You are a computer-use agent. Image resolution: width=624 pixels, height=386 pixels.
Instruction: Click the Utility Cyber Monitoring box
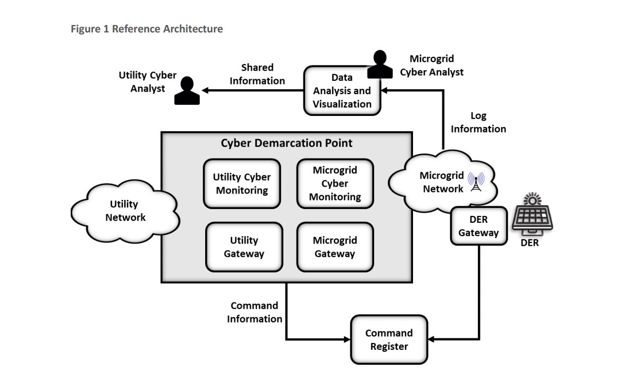[242, 183]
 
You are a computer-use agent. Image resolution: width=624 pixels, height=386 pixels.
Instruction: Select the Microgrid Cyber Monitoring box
[335, 183]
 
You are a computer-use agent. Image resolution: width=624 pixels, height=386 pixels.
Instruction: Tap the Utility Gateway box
[243, 247]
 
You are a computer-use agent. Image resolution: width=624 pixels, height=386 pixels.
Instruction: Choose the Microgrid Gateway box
[335, 247]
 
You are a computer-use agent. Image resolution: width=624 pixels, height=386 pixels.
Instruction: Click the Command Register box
[389, 340]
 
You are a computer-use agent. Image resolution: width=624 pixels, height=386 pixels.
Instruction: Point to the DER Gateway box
[478, 226]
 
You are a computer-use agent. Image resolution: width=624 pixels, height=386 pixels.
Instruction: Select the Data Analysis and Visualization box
[342, 91]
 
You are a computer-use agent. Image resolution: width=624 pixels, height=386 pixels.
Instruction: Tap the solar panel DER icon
[532, 218]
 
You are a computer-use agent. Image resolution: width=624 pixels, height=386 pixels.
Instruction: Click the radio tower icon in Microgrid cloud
[475, 181]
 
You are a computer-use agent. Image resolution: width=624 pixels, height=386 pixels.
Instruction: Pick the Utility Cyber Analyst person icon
[187, 91]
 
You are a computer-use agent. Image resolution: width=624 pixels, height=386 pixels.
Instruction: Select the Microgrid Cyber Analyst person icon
[380, 64]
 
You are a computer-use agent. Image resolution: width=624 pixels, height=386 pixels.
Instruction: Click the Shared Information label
[257, 74]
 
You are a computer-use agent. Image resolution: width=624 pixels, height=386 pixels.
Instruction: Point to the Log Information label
[478, 122]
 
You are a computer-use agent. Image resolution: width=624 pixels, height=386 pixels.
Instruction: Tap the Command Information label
[255, 312]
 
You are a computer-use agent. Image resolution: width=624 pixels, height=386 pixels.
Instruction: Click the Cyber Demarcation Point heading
[286, 143]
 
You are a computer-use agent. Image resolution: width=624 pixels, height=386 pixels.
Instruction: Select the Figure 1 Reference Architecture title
[147, 29]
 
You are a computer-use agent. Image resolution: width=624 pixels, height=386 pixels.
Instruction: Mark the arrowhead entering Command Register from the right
[432, 339]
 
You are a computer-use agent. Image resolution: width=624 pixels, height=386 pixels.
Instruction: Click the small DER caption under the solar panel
[529, 243]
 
